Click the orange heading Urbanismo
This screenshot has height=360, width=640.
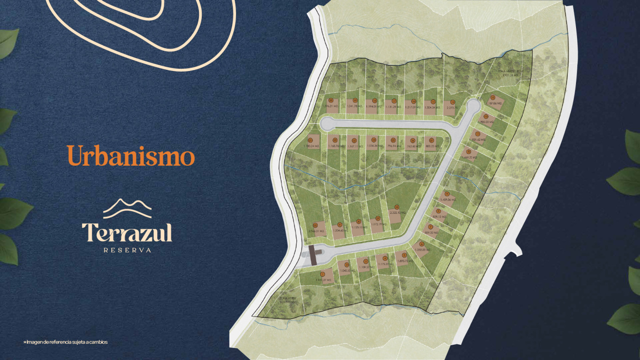pos(131,155)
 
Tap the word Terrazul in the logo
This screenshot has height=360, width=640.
pos(127,232)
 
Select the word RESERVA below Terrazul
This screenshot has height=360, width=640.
pos(127,250)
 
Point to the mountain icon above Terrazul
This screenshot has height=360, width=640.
pos(127,208)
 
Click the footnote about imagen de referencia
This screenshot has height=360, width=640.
pos(65,342)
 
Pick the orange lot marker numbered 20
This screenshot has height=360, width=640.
pos(331,100)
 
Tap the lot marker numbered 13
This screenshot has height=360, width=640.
pos(492,97)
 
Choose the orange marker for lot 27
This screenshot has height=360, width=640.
pos(431,140)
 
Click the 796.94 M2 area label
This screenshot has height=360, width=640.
pos(392,146)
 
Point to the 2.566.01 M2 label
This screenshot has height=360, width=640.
pos(316,231)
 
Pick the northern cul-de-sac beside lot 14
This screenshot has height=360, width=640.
pos(473,107)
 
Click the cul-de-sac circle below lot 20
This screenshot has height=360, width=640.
pos(327,123)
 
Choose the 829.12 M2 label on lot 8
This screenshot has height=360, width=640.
pos(439,217)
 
